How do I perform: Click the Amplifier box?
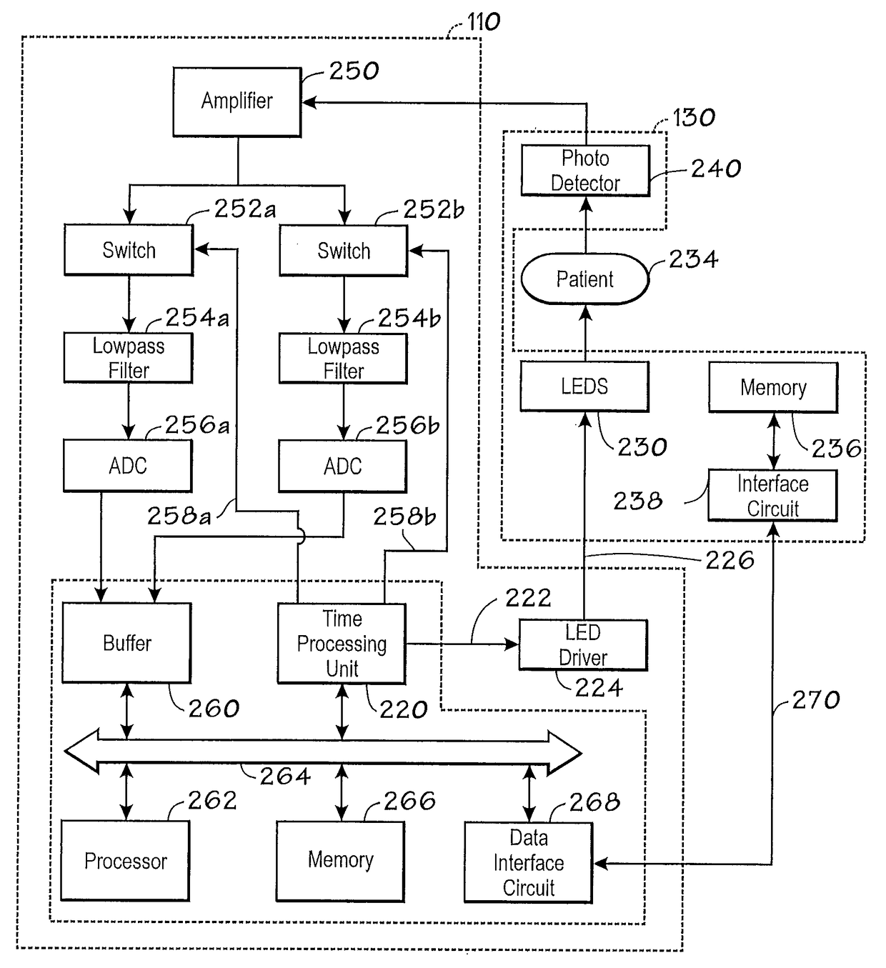[237, 102]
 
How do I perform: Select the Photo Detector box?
[585, 171]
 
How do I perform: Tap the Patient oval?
[584, 279]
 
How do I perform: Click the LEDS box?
[584, 386]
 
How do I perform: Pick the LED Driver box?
[583, 645]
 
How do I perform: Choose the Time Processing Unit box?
[342, 644]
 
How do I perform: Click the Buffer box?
[127, 643]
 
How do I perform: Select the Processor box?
[126, 862]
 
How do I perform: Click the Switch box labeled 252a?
[129, 250]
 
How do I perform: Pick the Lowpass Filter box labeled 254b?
[343, 359]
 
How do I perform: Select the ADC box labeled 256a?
[128, 466]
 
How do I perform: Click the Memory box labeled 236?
[774, 387]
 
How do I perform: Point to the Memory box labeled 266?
[341, 862]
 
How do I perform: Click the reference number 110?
[483, 21]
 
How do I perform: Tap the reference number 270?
[815, 699]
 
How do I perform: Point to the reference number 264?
[285, 777]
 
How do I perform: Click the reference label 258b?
[404, 517]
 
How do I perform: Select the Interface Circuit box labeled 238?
[773, 496]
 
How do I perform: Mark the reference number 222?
[528, 599]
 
